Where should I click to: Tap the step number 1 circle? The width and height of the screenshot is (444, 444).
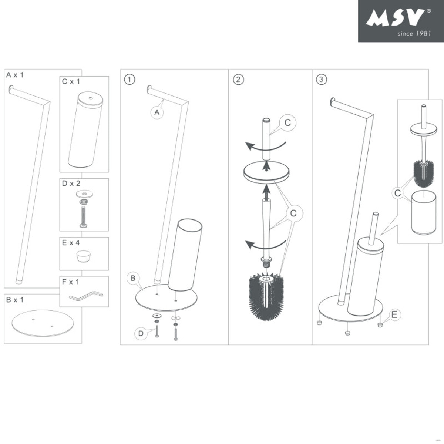[129, 79]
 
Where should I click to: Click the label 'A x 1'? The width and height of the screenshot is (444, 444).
[15, 75]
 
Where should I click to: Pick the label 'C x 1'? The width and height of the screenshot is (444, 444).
[71, 81]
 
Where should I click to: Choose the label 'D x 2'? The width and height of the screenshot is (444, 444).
[71, 184]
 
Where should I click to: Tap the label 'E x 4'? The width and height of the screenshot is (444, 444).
[71, 243]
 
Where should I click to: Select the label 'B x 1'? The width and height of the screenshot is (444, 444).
[15, 300]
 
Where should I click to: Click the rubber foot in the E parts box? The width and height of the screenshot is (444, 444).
[84, 256]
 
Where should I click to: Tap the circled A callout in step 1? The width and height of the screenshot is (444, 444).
[157, 112]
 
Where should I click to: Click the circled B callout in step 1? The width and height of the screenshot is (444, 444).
[133, 278]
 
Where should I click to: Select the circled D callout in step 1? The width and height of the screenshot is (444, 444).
[141, 334]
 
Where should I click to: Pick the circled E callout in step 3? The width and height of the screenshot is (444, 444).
[394, 315]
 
